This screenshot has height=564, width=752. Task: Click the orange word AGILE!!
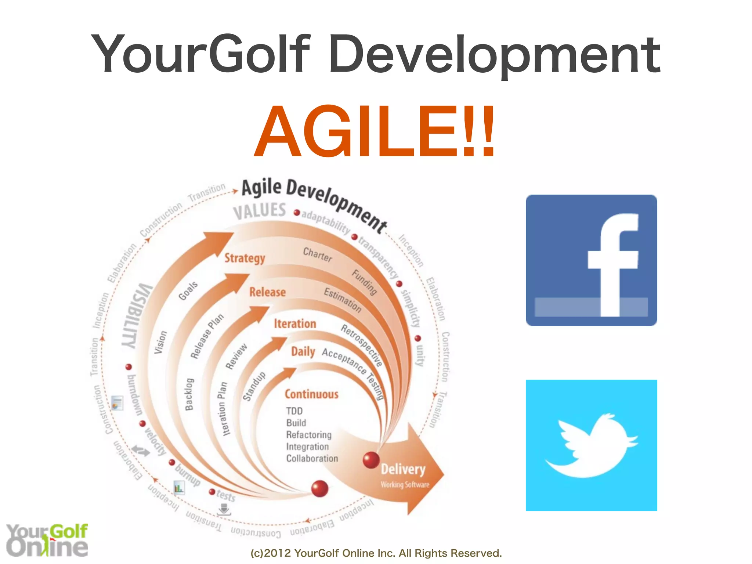click(x=375, y=131)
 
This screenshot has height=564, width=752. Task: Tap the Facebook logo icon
click(x=591, y=260)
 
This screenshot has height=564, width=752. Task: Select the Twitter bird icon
click(x=591, y=445)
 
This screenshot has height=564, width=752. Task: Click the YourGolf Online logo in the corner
click(x=47, y=540)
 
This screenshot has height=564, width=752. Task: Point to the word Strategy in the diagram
click(x=245, y=258)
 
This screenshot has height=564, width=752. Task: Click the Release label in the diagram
click(x=267, y=292)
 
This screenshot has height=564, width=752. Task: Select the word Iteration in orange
click(x=295, y=324)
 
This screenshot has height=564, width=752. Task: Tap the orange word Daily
click(x=303, y=352)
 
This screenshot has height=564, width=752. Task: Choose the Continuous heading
click(x=311, y=394)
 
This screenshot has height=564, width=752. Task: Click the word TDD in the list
click(x=294, y=411)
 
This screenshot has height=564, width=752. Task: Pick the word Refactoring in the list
click(x=309, y=435)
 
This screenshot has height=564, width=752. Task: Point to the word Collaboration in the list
click(x=312, y=459)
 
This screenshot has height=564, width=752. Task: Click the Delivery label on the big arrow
click(x=403, y=469)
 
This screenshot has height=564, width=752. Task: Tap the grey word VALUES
click(x=260, y=211)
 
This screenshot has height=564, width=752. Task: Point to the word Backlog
click(x=189, y=394)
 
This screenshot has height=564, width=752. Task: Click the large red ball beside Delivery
click(x=371, y=460)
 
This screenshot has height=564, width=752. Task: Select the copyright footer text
click(x=376, y=553)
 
